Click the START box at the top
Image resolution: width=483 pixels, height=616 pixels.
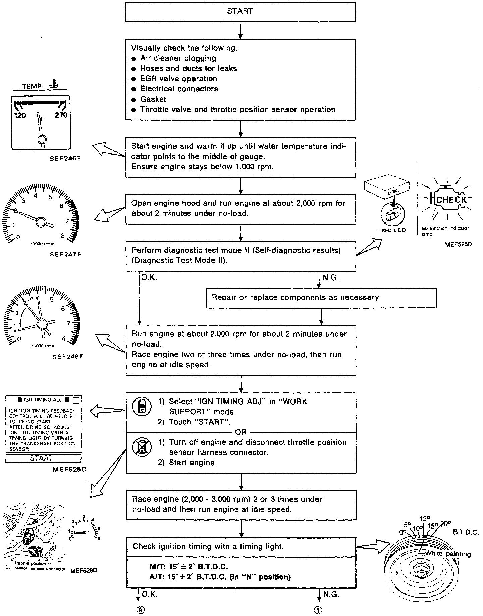coord(240,12)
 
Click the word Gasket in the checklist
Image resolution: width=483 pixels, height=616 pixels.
coord(153,99)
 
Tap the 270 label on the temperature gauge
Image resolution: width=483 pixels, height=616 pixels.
coord(61,115)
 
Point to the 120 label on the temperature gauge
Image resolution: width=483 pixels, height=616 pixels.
coord(20,116)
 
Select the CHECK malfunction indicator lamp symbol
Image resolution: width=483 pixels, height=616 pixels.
coord(450,200)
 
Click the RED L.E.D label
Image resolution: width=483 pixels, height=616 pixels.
coord(391,230)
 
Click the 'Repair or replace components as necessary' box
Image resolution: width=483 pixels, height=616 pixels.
coord(321,298)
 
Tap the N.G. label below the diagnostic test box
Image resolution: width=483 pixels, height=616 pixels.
coord(330,278)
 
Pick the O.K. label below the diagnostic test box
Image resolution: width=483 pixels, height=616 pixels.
coord(149,278)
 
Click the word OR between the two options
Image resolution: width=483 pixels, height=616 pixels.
coord(241,432)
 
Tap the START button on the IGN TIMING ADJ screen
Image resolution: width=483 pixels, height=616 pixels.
coord(42,458)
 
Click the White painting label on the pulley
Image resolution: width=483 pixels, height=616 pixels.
coord(447,554)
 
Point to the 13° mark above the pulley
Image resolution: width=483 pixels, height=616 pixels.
coord(424,519)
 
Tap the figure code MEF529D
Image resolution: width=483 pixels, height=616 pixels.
coord(84,570)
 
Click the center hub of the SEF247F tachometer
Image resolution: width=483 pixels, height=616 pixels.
coord(41,222)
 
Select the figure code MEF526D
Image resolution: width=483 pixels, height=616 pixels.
coord(459,244)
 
